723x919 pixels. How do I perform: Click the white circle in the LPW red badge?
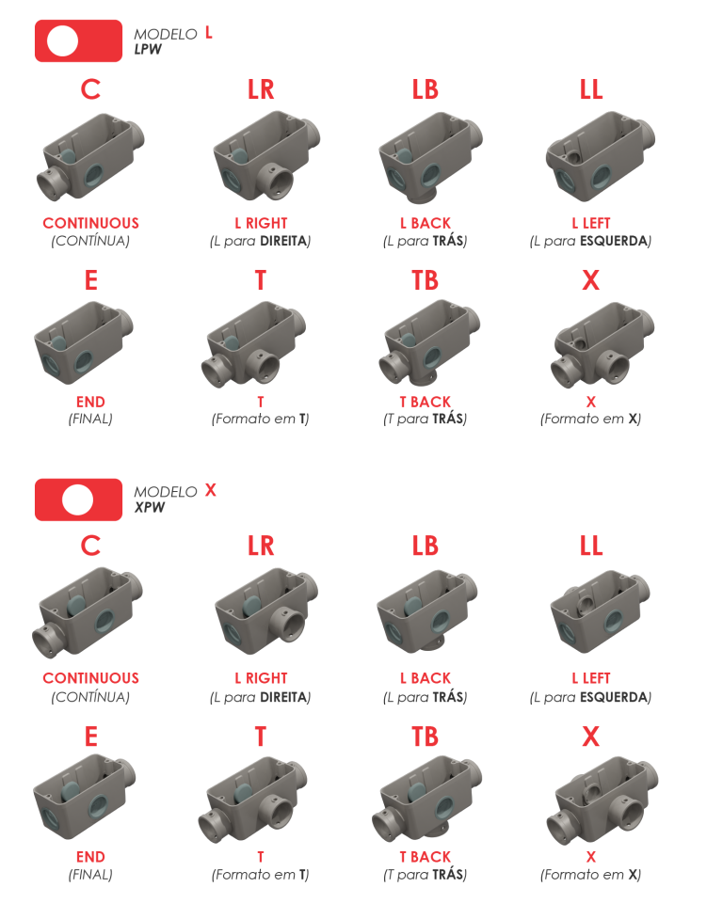[62, 41]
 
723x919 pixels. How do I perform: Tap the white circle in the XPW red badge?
[77, 499]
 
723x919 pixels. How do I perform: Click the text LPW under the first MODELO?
[148, 49]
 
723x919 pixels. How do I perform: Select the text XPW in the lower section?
[150, 507]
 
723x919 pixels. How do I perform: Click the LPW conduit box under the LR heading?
[266, 157]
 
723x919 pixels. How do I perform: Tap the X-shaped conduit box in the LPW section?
[602, 344]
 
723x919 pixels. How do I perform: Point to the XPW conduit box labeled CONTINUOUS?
[87, 612]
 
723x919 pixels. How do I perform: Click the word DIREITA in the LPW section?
[283, 241]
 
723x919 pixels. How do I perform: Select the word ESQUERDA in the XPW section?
[614, 697]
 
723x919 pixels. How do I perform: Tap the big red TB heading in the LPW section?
[426, 280]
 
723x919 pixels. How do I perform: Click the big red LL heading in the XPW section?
[591, 546]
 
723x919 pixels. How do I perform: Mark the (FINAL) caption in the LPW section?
[90, 419]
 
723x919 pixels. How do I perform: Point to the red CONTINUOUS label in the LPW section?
[91, 223]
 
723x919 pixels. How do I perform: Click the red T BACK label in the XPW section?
[426, 857]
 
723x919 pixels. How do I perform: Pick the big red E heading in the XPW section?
[91, 737]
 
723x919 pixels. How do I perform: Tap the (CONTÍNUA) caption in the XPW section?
[90, 697]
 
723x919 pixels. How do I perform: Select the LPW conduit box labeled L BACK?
[430, 157]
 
